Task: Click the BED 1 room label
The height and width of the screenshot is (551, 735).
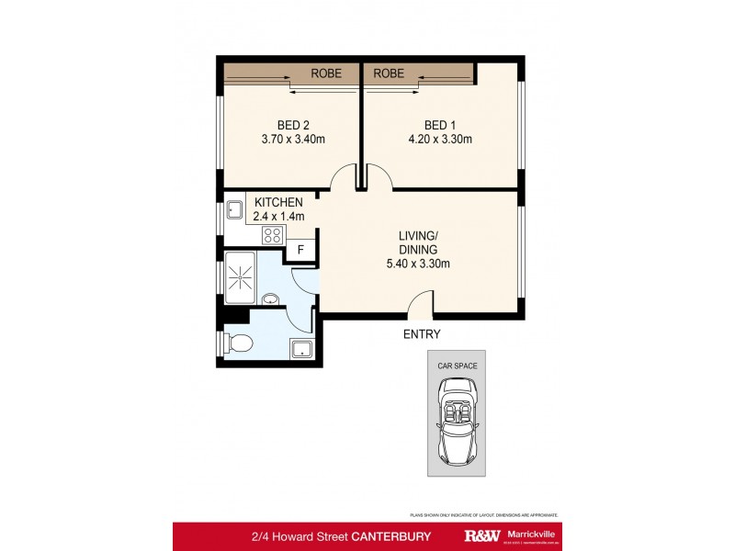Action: (x=440, y=125)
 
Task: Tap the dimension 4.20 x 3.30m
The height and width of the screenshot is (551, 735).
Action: (x=440, y=140)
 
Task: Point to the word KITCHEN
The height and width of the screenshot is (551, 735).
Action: (x=278, y=203)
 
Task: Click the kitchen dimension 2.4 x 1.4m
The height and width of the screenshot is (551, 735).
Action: (x=278, y=217)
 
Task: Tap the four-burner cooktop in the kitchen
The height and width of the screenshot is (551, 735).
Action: (x=273, y=235)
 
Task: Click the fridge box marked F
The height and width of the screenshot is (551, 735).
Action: (x=300, y=248)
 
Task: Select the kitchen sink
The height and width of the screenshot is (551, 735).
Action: (x=233, y=209)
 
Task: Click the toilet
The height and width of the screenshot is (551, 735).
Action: (x=237, y=343)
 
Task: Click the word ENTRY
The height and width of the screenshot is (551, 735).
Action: (x=422, y=334)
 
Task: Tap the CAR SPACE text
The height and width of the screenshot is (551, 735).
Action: (x=457, y=365)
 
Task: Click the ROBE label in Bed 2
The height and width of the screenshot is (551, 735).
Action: (x=326, y=73)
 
